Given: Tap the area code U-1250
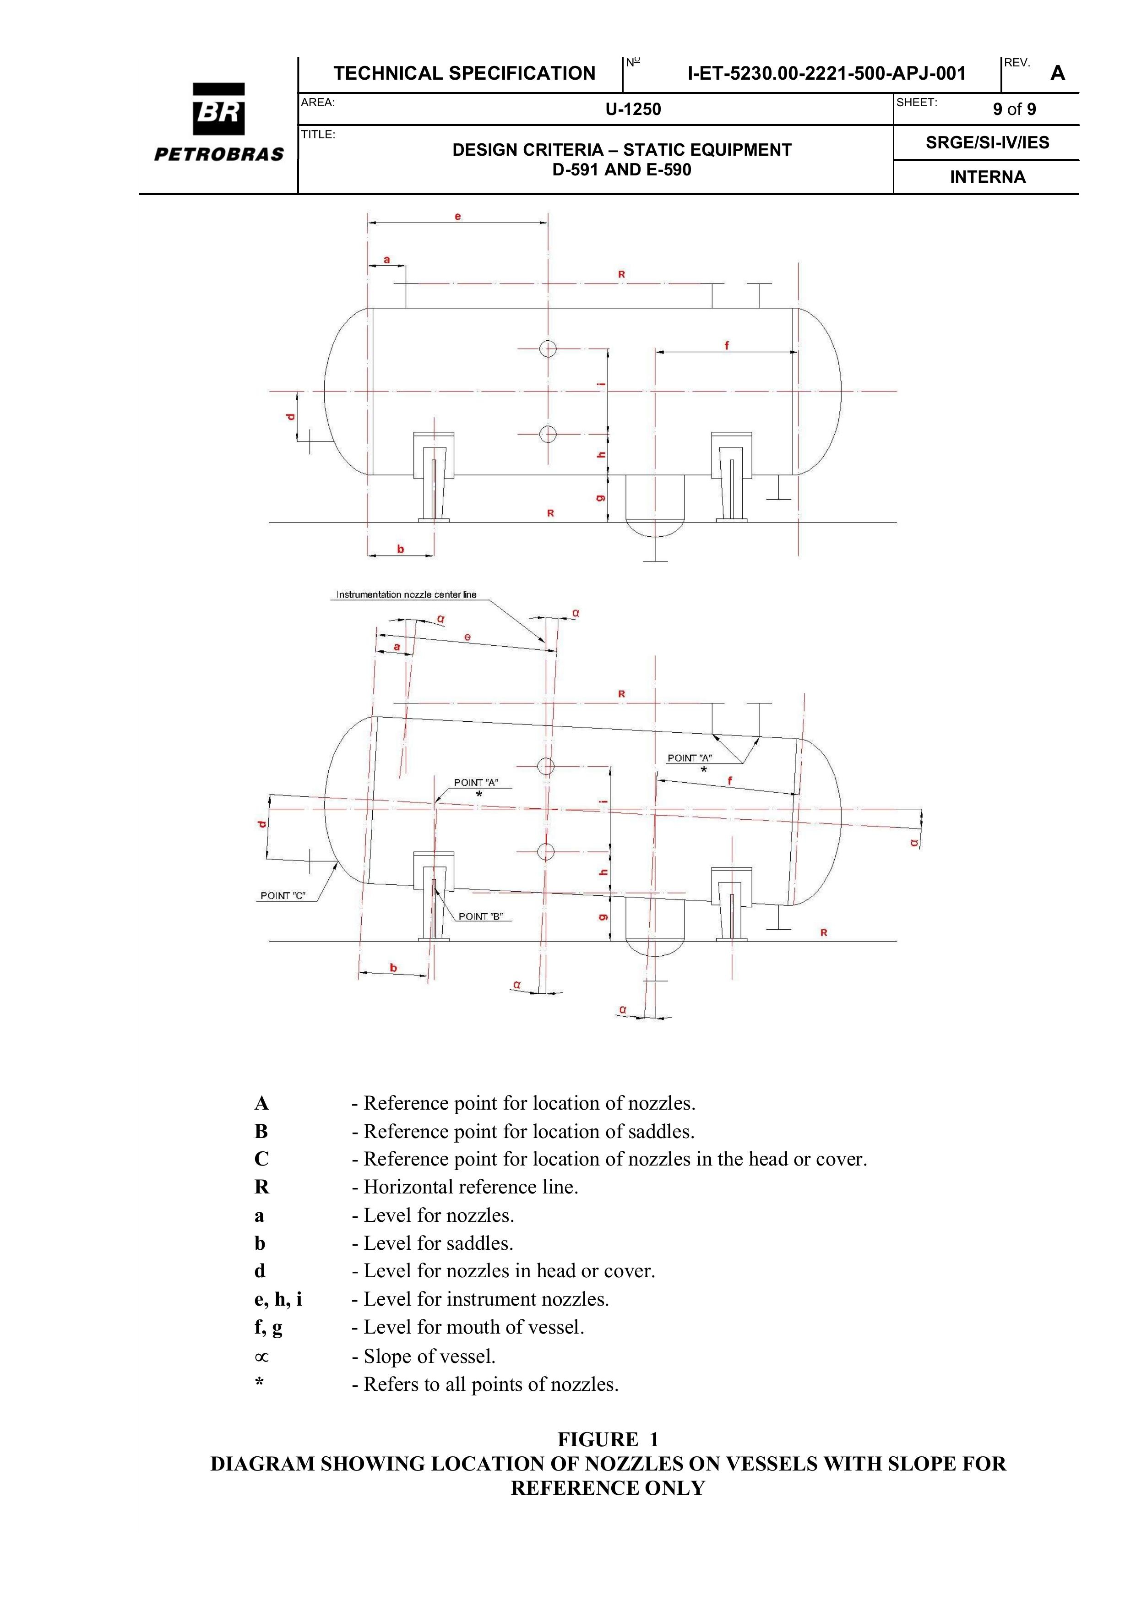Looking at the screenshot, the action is point(633,109).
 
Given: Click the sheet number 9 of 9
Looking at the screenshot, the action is point(1014,109).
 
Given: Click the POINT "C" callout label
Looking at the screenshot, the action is point(283,896).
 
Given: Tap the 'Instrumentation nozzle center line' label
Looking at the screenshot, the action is point(406,595).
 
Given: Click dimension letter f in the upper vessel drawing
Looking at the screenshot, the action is point(727,345).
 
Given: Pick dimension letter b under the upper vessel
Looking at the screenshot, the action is point(400,549).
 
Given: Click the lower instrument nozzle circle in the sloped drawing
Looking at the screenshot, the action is point(545,852).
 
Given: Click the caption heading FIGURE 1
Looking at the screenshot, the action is point(608,1440).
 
